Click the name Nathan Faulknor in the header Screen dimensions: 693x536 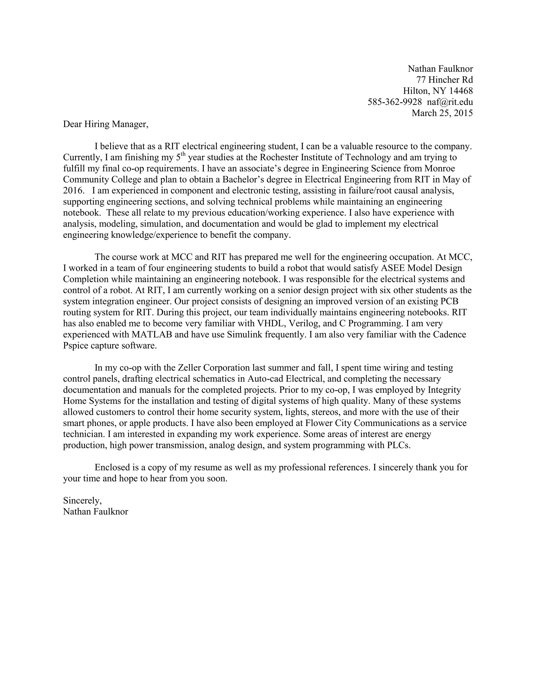440,69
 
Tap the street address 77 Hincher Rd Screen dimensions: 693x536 445,80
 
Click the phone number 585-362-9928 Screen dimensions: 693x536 395,102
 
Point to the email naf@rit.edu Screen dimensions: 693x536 450,102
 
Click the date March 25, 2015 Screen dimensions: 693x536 442,113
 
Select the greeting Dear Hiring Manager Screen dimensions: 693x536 105,124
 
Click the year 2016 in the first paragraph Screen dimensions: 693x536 74,191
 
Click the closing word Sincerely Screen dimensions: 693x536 82,501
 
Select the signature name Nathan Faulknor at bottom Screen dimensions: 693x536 95,512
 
